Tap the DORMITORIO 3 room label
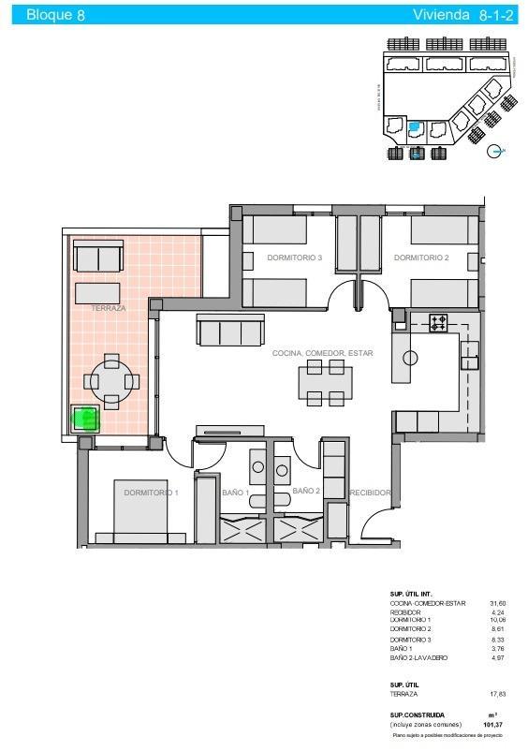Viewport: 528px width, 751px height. click(294, 258)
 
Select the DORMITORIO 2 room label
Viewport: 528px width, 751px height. click(421, 258)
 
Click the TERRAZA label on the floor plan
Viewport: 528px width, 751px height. click(109, 307)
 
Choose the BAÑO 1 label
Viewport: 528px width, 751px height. click(234, 493)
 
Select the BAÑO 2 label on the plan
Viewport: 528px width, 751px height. click(306, 491)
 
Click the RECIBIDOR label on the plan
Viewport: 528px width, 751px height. click(370, 492)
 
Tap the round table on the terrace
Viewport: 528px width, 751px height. click(111, 381)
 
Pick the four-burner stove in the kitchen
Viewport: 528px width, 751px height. click(439, 324)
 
